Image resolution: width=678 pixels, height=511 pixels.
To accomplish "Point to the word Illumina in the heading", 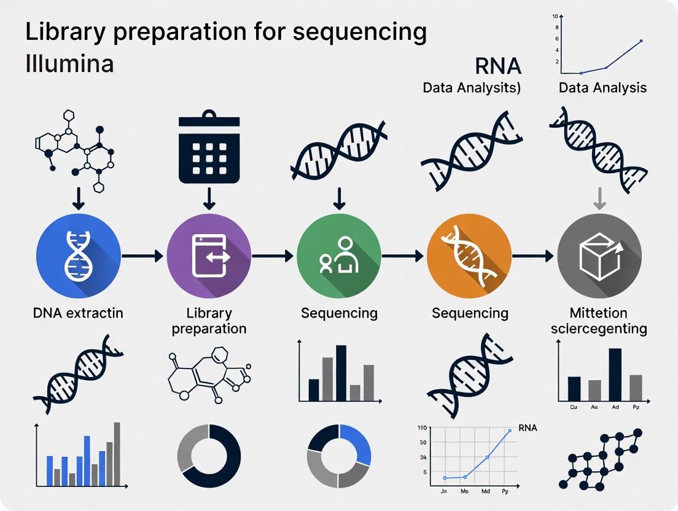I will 69,63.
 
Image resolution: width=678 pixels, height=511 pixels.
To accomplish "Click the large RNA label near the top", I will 497,66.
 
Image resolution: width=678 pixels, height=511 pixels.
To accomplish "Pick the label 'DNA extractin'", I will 78,313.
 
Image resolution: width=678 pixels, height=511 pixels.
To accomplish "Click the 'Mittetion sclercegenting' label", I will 599,321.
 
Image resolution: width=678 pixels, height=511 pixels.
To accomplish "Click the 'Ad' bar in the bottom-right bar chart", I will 615,375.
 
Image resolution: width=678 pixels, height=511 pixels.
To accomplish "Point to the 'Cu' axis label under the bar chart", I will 574,407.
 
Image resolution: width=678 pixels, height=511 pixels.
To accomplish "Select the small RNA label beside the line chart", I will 528,427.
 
